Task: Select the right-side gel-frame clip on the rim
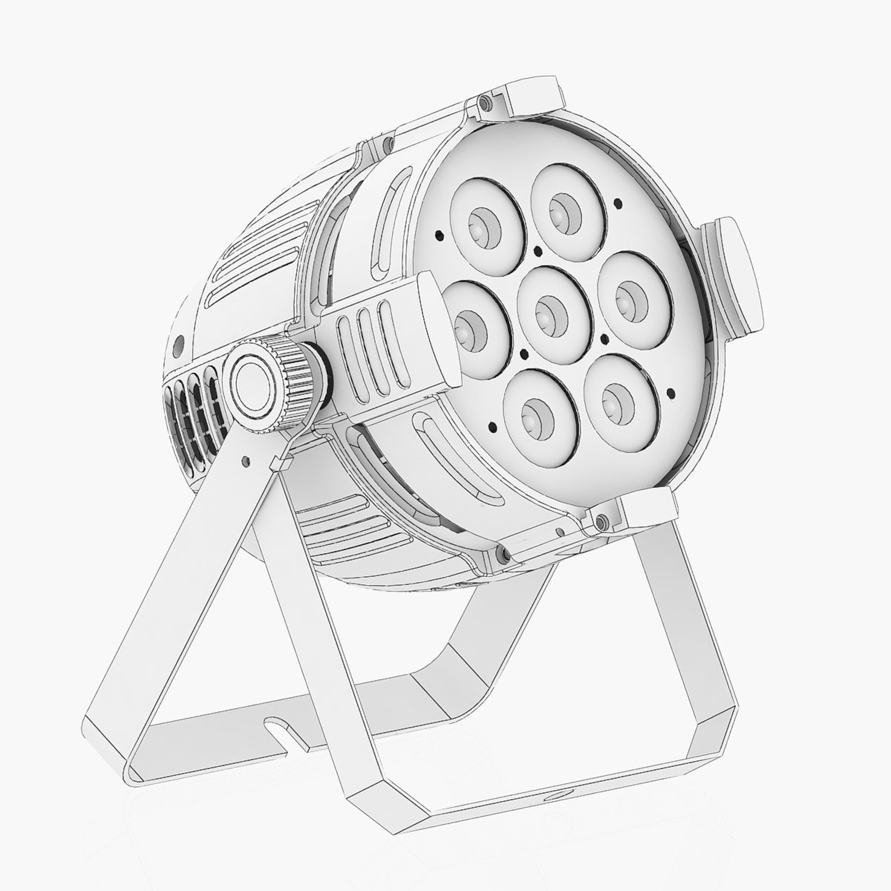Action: (x=735, y=275)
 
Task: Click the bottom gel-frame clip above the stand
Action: (x=645, y=508)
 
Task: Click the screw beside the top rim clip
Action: (x=483, y=102)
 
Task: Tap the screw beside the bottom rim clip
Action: (x=601, y=521)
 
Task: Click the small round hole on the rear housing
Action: (x=180, y=343)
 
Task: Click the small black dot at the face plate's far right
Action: (x=671, y=392)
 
